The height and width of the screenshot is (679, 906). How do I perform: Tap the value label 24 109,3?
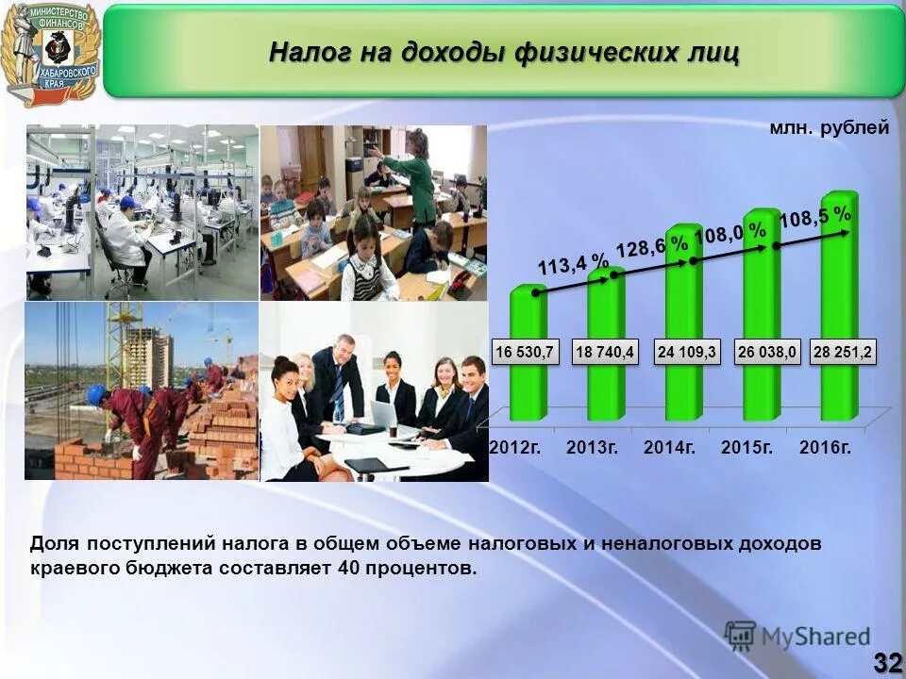coord(688,353)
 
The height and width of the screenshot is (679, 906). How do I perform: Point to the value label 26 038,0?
coord(767,353)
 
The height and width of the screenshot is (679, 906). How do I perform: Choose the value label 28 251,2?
coord(845,353)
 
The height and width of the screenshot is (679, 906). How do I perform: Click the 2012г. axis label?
coord(515,448)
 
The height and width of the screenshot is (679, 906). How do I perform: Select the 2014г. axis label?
coord(670,448)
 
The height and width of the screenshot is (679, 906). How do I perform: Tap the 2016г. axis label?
coord(826,448)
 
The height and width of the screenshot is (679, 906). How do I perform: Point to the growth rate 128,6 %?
coord(652,245)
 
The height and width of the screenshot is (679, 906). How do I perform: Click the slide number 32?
coord(887,662)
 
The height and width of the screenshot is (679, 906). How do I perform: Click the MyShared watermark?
coord(797,635)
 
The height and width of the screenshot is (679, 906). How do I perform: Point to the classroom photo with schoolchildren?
coord(374,212)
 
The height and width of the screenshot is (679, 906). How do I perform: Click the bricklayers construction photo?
coord(142,391)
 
